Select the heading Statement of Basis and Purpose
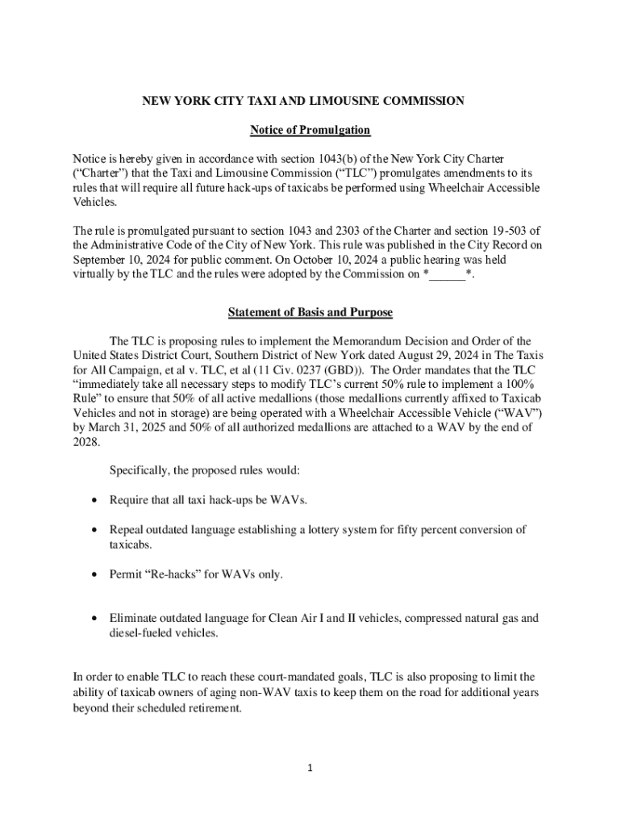310,312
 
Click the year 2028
85,443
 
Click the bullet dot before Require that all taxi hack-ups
95,501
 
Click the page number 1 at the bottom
310,768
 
